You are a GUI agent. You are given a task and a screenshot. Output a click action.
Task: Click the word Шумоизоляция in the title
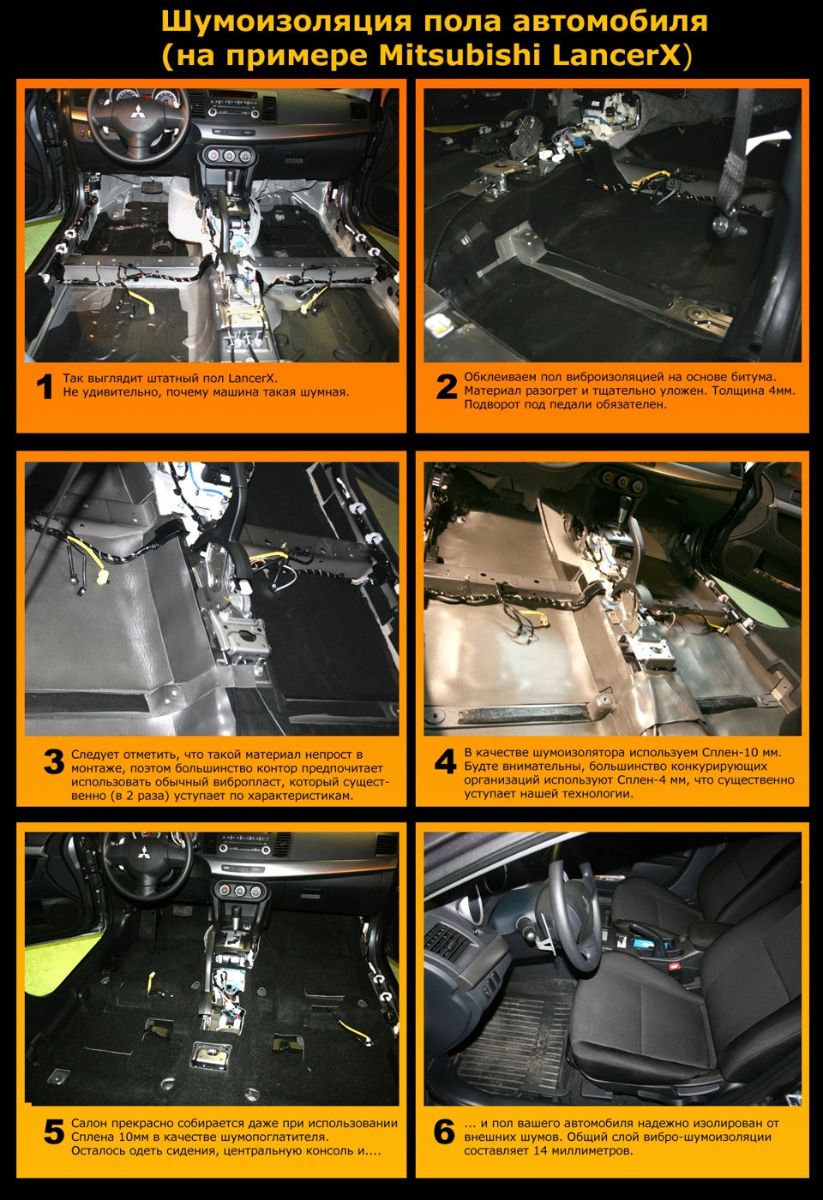pos(286,22)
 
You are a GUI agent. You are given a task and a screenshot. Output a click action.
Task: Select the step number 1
pos(44,387)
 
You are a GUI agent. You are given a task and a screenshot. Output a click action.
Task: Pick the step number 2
pos(446,387)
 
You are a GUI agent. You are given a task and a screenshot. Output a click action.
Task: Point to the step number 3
pos(54,762)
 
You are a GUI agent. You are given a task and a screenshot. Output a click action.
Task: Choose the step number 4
pos(446,761)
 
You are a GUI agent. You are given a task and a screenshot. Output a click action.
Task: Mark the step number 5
pos(54,1132)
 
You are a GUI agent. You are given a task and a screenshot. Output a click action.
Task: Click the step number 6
pos(444,1132)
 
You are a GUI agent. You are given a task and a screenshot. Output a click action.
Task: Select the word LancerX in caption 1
pos(255,378)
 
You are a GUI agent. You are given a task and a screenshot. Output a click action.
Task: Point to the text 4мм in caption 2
pos(781,391)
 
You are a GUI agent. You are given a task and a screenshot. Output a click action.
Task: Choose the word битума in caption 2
pos(754,377)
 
